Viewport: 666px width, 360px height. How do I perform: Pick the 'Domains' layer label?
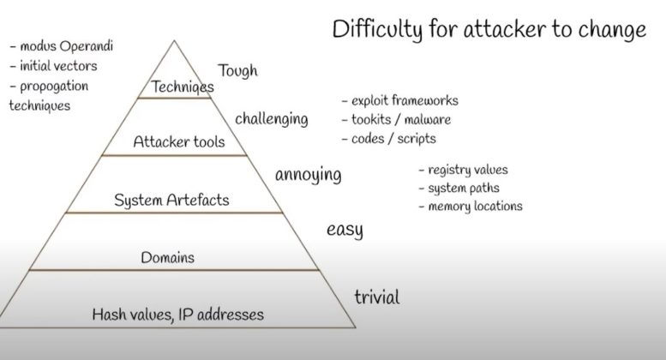[167, 256]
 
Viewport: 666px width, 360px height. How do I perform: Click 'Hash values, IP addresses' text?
[177, 315]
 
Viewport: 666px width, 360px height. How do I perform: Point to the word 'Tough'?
[237, 70]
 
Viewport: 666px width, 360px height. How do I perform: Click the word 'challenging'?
[271, 117]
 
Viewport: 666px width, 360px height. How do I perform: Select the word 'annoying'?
[308, 175]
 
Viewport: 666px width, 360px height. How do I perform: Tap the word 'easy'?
[345, 230]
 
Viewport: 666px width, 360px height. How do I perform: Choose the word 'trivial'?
[376, 297]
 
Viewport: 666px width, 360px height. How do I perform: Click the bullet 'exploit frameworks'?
[405, 100]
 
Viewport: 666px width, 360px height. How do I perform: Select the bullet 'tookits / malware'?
[400, 119]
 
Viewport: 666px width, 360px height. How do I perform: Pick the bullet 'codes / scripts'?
[393, 138]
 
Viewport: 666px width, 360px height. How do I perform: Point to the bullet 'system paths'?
[465, 188]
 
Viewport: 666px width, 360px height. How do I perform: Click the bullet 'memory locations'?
[475, 206]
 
